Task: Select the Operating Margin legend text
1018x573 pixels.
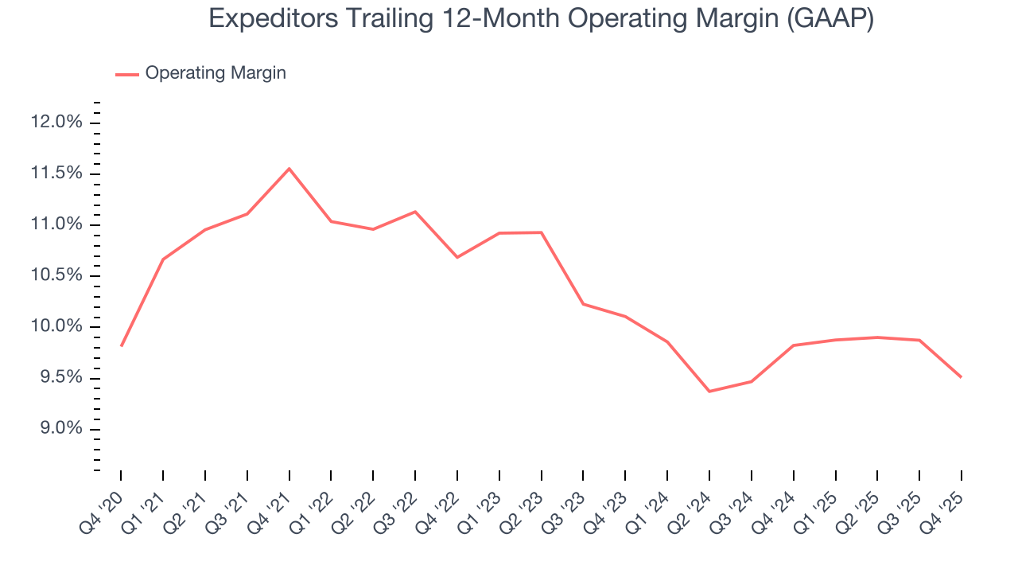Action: [216, 73]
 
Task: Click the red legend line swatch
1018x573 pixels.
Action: [127, 74]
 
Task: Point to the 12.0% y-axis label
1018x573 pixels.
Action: [56, 123]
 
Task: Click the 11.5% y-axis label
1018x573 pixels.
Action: [56, 173]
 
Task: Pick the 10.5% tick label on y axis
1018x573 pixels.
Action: [56, 276]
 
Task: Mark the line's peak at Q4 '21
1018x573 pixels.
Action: [289, 169]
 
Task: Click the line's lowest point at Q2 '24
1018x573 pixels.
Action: [709, 392]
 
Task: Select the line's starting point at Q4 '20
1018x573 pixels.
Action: [121, 345]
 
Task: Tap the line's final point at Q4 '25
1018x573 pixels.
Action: [961, 376]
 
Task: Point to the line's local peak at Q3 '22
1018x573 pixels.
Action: [415, 212]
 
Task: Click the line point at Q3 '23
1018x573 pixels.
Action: [583, 304]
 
